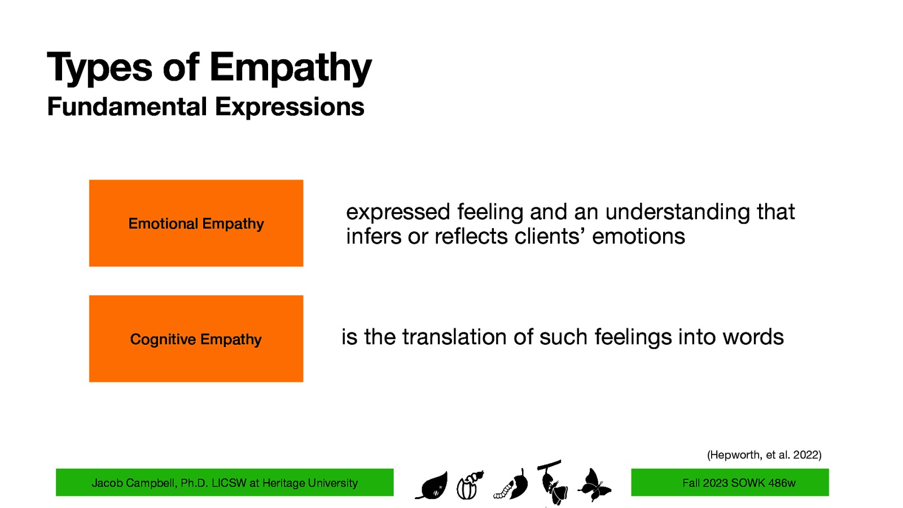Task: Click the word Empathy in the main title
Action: coord(290,68)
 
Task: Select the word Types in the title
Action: coord(99,68)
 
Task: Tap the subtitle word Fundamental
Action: coord(127,107)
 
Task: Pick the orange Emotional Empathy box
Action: coord(196,223)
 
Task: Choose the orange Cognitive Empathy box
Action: coord(196,339)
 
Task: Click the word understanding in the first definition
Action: coord(677,212)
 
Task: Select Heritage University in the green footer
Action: coord(310,483)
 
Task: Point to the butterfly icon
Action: coord(594,484)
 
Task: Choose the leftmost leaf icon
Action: coord(433,485)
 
